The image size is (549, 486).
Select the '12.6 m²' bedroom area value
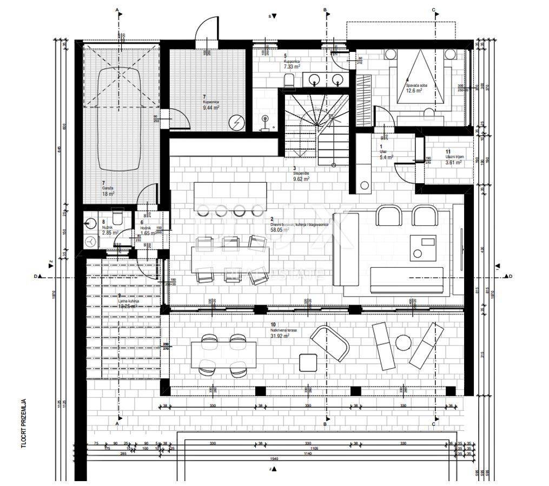coord(414,91)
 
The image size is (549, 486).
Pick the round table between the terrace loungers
coord(403,343)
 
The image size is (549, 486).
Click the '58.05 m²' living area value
coord(280,230)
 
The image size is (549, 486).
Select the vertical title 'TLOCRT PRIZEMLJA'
coord(25,425)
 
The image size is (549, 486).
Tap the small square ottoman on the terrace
coord(308,361)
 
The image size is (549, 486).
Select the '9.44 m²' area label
coord(211,108)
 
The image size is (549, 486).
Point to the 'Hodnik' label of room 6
coord(146,228)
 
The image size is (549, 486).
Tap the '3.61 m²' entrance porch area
coord(453,162)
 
